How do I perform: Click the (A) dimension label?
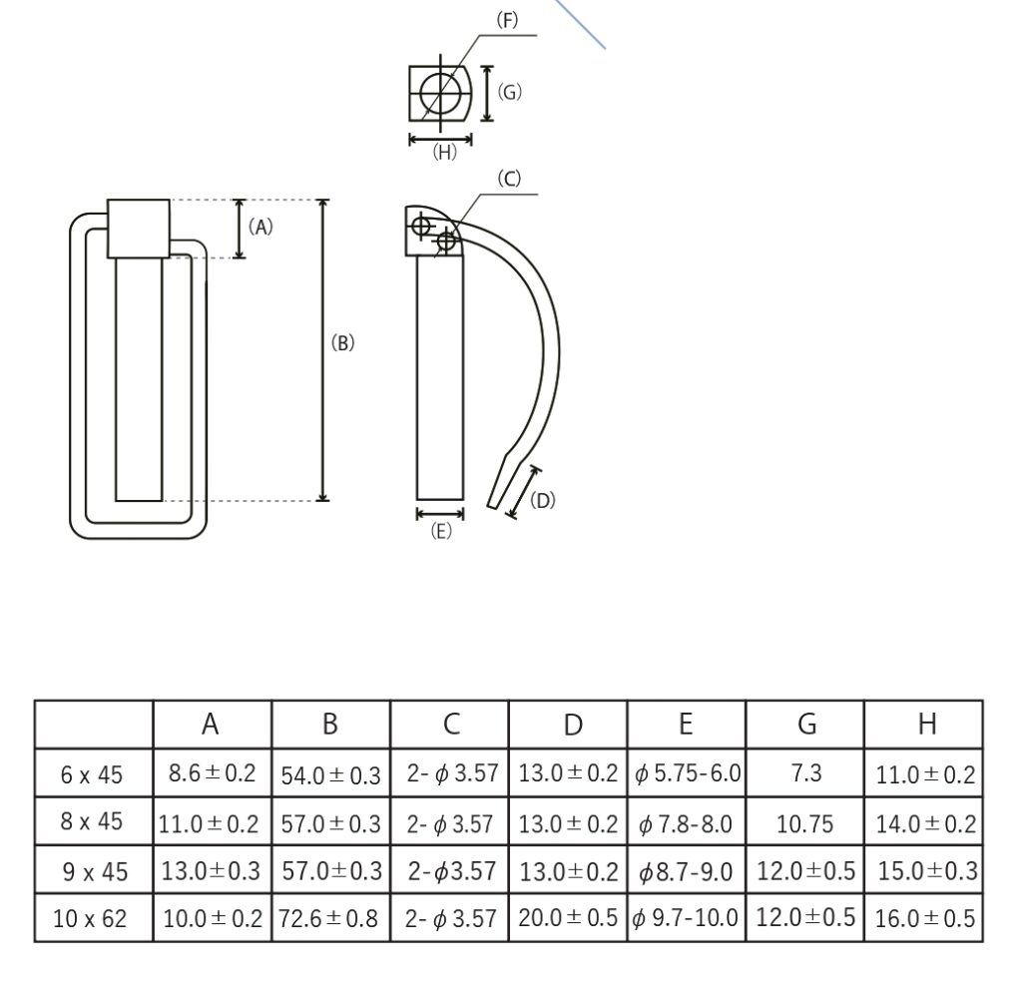260,227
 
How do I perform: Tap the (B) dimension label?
342,342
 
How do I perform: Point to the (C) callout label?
509,179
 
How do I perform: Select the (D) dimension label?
542,500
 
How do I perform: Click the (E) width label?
440,532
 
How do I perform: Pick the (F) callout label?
508,20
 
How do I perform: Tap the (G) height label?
509,93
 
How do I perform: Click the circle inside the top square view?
440,94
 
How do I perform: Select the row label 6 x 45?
92,773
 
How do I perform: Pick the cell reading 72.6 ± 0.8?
330,918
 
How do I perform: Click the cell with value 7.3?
804,773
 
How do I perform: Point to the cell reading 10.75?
804,822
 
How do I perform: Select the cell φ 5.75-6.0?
687,773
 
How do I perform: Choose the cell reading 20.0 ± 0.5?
568,918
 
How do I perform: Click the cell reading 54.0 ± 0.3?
330,775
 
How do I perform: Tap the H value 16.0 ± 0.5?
924,918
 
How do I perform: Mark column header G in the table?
804,725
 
